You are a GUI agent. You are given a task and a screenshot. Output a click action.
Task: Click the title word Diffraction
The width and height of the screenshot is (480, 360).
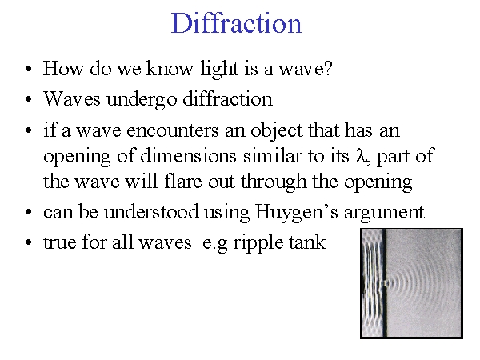[236, 23]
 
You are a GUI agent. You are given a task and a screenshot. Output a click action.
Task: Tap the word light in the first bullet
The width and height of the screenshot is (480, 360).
[219, 69]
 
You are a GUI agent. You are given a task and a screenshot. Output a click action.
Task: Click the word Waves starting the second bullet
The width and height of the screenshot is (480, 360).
[72, 98]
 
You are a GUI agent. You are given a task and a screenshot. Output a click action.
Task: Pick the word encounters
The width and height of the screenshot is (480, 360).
[172, 131]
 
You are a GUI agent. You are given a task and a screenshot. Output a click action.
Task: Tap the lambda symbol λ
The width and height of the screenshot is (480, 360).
[362, 155]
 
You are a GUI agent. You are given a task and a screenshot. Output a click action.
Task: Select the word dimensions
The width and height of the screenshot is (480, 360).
[188, 155]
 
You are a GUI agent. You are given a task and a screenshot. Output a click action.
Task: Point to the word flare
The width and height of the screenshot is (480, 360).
[182, 182]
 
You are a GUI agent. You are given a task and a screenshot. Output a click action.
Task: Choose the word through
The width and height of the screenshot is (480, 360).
[274, 182]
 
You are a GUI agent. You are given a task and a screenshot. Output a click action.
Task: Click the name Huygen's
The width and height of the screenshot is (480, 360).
[296, 213]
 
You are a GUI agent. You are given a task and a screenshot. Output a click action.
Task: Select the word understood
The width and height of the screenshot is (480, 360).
[151, 211]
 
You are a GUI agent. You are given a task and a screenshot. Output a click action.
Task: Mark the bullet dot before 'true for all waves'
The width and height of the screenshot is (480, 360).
[29, 242]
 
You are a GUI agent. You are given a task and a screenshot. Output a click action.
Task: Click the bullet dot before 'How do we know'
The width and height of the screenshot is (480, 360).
[29, 69]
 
